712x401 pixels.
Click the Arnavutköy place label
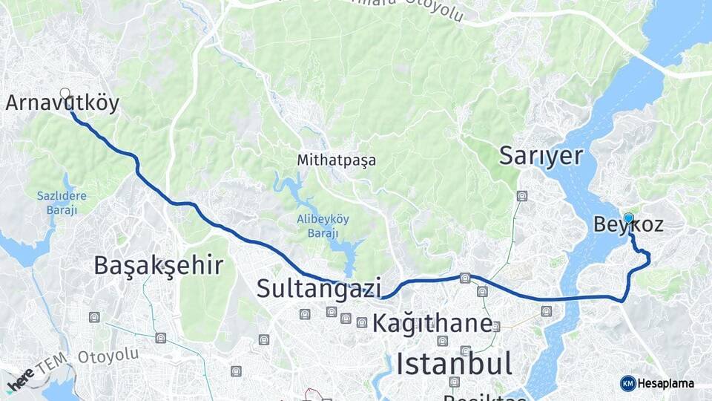coord(62,103)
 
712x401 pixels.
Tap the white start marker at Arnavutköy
coord(65,94)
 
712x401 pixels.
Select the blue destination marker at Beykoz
coord(628,218)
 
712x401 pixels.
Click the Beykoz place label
coord(628,225)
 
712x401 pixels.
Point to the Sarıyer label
coord(541,155)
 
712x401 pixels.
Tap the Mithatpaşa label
coord(336,160)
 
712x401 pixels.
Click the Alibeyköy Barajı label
coord(323,226)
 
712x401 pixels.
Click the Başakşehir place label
coord(159,265)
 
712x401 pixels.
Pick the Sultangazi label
coord(319,288)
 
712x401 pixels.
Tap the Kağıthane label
coord(432,323)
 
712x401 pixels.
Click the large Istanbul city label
coord(454,364)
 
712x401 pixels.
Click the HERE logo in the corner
coord(20,379)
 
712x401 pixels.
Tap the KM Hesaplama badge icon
coord(627,383)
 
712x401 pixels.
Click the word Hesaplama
coord(665,383)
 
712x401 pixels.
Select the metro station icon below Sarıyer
coord(522,197)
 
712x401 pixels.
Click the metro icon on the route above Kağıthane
coord(465,278)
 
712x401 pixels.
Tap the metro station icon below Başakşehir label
coord(94,317)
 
